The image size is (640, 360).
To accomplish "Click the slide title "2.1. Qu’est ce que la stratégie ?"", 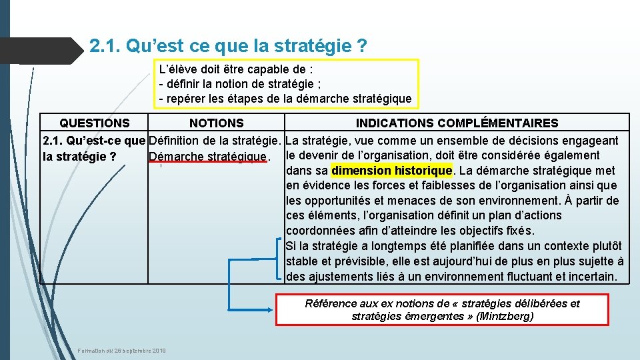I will (228, 47).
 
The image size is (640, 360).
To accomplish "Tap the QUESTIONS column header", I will (95, 123).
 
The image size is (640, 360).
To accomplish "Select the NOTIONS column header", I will (217, 123).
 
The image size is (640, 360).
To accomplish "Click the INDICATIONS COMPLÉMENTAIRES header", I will (457, 123).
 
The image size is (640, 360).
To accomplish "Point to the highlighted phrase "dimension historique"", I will (392, 171).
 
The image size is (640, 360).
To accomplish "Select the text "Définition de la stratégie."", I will (217, 141).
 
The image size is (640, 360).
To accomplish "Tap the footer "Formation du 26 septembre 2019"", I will (122, 351).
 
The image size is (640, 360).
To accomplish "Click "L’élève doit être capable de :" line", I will (237, 69).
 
